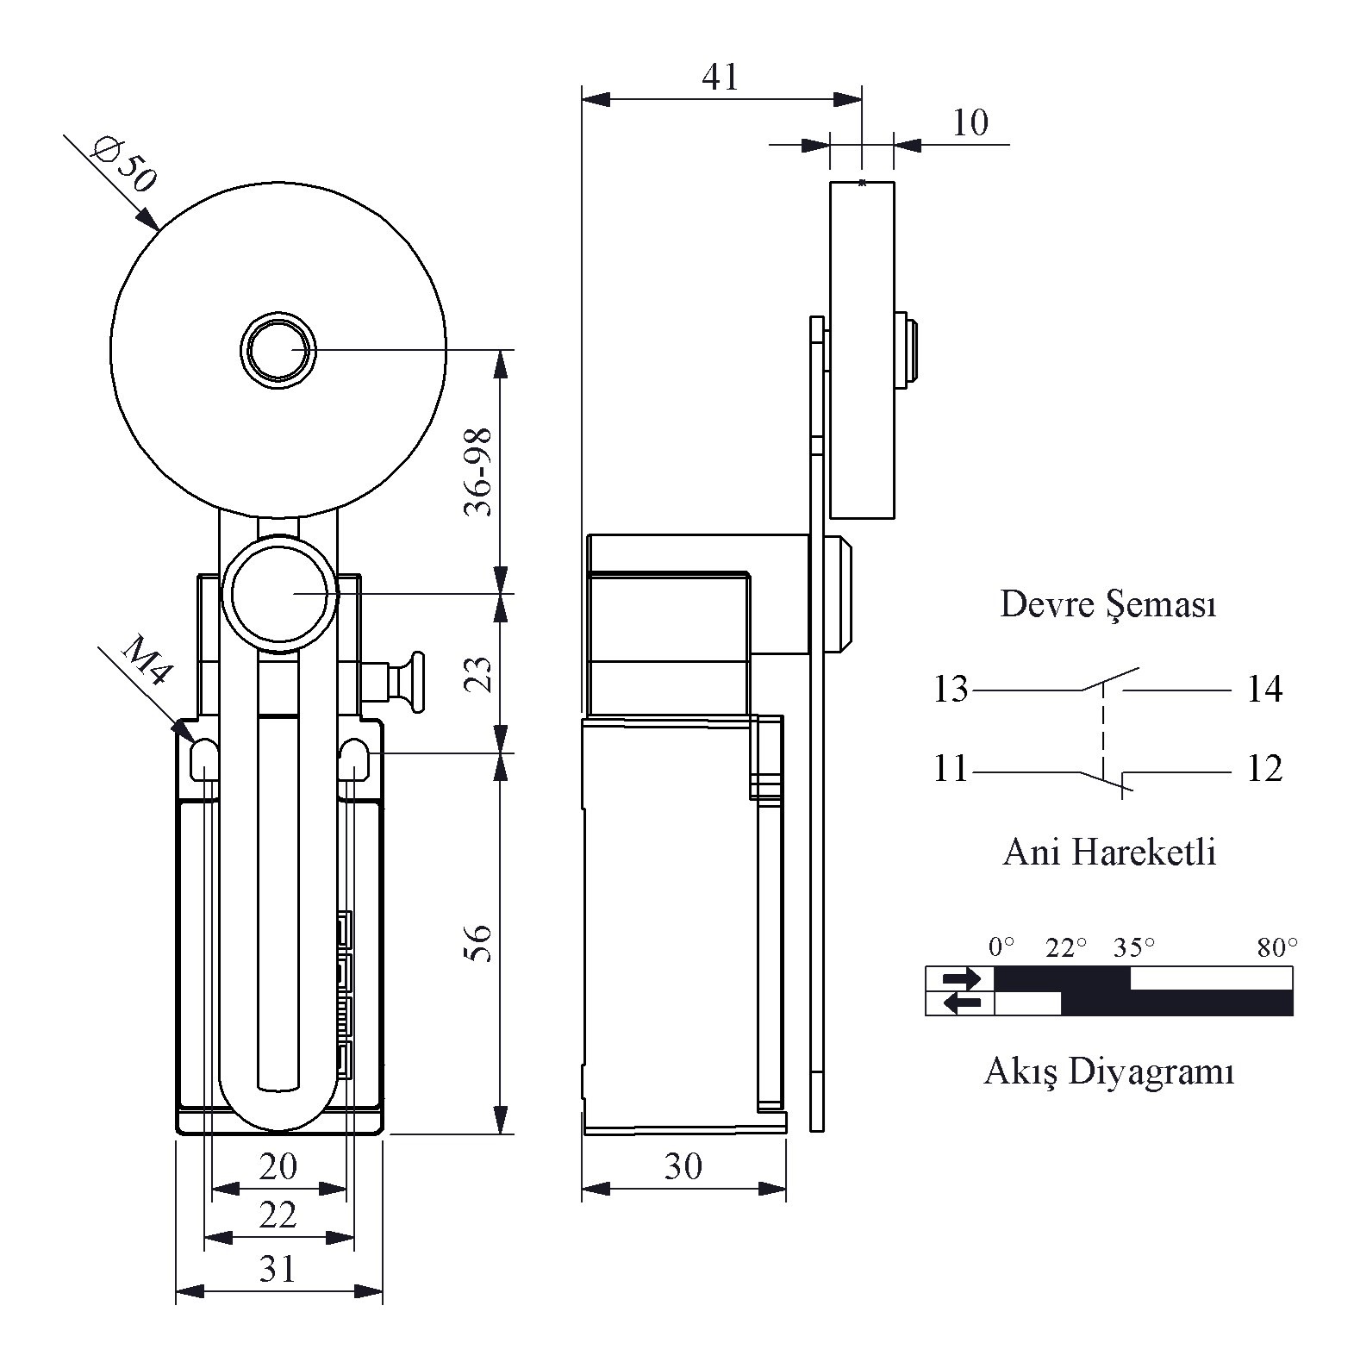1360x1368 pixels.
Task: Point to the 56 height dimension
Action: (479, 943)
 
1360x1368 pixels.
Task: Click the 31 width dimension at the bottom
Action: (278, 1269)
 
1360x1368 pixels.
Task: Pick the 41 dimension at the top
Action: (721, 78)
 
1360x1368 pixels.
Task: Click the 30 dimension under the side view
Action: (683, 1167)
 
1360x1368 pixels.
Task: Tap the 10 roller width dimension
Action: (970, 123)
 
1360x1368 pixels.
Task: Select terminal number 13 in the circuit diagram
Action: (951, 690)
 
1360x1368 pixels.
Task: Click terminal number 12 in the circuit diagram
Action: (1264, 769)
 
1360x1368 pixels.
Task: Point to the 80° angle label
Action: (1276, 949)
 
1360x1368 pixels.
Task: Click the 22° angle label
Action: (1066, 949)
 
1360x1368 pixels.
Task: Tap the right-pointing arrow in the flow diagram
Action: (961, 978)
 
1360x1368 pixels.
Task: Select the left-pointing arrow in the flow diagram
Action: (961, 1003)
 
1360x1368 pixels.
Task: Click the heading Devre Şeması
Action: (1108, 604)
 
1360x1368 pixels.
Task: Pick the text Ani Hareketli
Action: (1110, 853)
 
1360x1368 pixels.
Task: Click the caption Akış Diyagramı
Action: (1109, 1072)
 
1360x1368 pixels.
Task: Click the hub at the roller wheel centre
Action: (277, 351)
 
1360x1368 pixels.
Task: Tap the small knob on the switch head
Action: (415, 684)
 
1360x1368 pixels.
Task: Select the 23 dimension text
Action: (479, 675)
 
